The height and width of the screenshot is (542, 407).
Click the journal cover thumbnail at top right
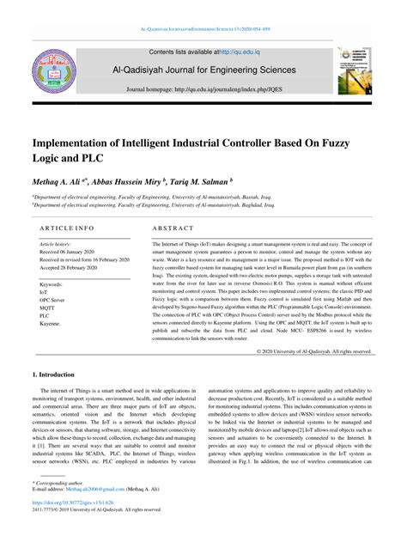pyautogui.click(x=354, y=70)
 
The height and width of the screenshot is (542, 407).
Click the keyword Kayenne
pyautogui.click(x=51, y=323)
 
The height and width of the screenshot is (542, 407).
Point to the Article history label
pyautogui.click(x=55, y=244)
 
